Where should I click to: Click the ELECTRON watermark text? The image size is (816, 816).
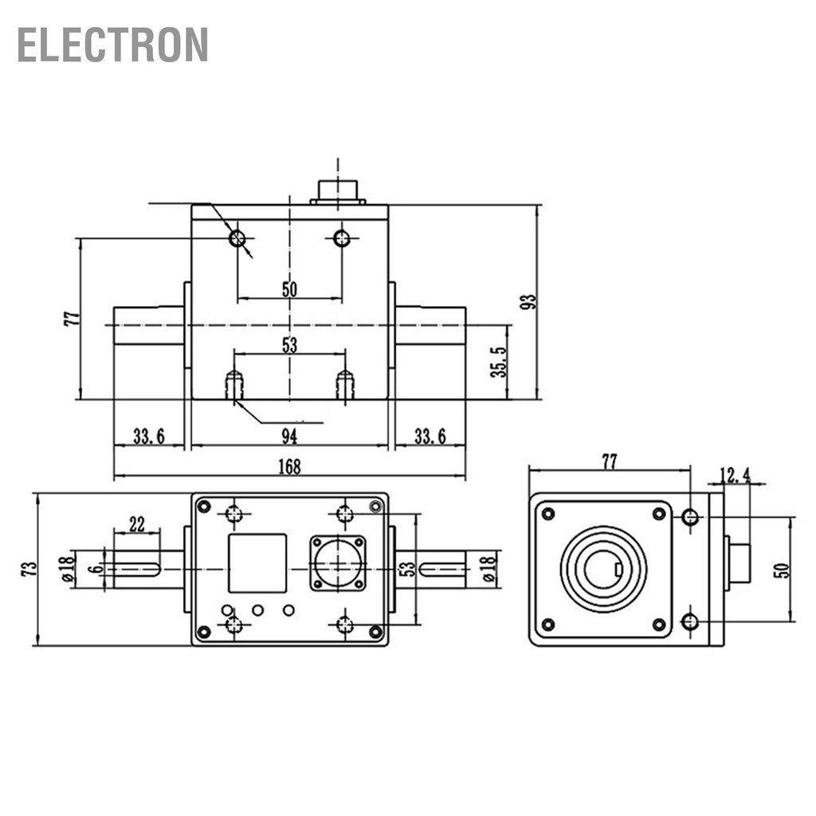[112, 45]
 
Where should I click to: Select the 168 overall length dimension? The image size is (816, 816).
[289, 467]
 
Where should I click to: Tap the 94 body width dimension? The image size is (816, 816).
[289, 435]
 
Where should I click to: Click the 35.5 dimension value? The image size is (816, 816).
[499, 362]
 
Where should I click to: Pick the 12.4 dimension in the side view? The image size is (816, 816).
[735, 476]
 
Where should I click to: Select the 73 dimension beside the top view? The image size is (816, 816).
[29, 569]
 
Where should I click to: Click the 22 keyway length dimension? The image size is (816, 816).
[137, 524]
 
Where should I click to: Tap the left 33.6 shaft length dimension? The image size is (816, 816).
[148, 436]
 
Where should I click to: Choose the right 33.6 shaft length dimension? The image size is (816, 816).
[430, 436]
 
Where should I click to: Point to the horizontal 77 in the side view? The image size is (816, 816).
[609, 461]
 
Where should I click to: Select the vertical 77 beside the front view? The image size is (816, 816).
[73, 318]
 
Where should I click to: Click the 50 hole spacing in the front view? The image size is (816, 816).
[289, 289]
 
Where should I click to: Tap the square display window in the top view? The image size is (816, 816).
[257, 563]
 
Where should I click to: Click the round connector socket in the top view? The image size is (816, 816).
[337, 563]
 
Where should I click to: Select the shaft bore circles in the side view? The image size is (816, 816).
[603, 569]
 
